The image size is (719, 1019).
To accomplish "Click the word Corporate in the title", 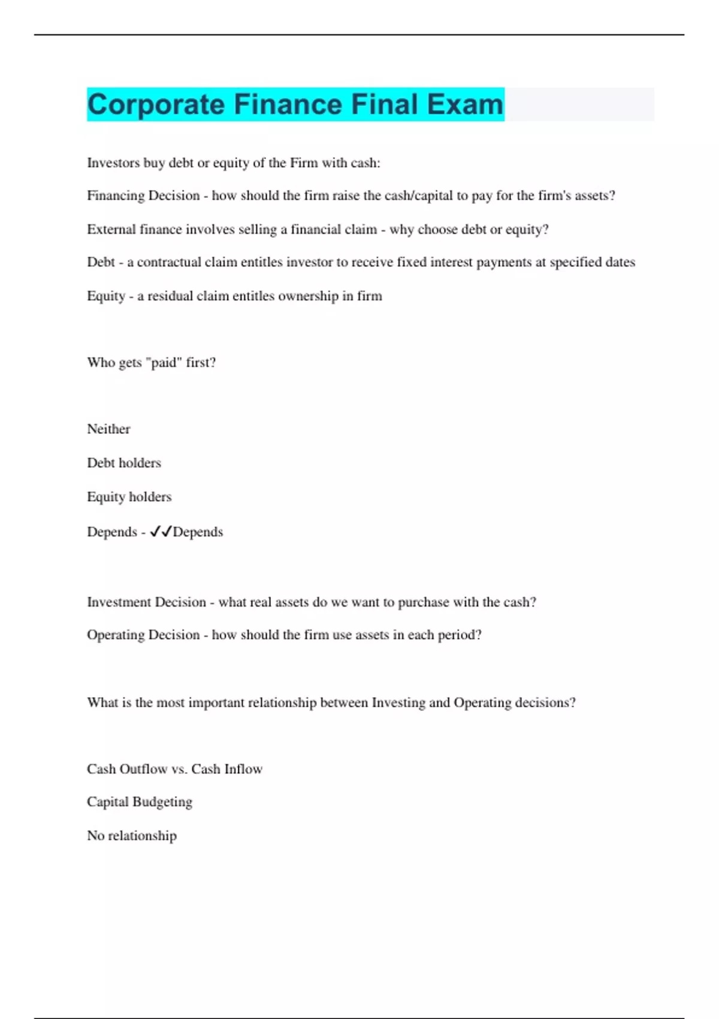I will click(x=156, y=105).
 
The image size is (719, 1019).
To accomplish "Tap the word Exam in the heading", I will click(x=465, y=105).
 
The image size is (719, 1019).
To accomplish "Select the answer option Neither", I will click(x=108, y=429).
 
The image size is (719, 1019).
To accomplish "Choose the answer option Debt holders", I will click(x=124, y=463).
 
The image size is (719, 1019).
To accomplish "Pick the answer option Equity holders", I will click(x=129, y=497).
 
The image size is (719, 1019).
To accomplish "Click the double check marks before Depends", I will click(x=161, y=532).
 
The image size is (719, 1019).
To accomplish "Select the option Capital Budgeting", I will click(x=140, y=802).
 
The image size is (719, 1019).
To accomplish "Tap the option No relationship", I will click(x=132, y=836).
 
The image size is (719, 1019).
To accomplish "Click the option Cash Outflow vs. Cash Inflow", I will click(x=174, y=769).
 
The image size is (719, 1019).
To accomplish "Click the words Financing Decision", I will click(x=143, y=196).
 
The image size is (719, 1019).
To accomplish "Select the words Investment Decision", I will click(x=146, y=602).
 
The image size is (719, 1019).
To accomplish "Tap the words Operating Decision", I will click(x=143, y=635).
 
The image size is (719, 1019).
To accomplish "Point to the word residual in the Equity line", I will click(x=170, y=296).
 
